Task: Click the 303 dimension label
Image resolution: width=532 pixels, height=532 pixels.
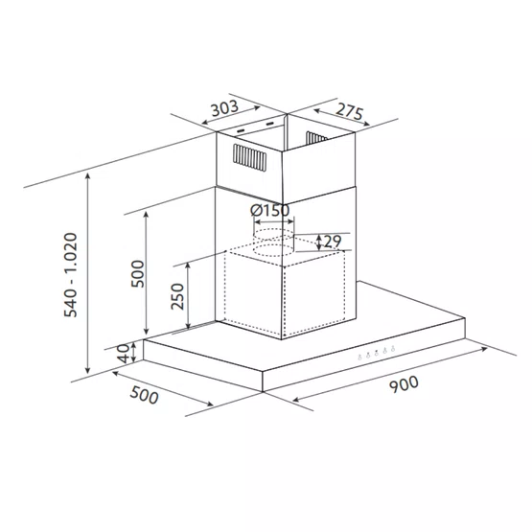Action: point(224,108)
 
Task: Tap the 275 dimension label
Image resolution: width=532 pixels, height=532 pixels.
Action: point(350,111)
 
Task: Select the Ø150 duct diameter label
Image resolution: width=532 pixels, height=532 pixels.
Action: point(270,210)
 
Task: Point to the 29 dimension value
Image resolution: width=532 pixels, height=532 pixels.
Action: point(333,242)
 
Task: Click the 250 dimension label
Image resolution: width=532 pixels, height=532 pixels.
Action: point(177,296)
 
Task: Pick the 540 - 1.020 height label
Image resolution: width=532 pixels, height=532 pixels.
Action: point(71,275)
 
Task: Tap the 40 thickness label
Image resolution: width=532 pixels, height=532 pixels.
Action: point(124,354)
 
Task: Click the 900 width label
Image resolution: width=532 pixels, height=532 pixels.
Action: point(404,384)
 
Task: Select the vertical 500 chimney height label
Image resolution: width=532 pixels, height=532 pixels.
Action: point(138,273)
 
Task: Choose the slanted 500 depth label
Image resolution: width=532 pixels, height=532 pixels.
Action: point(144,395)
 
